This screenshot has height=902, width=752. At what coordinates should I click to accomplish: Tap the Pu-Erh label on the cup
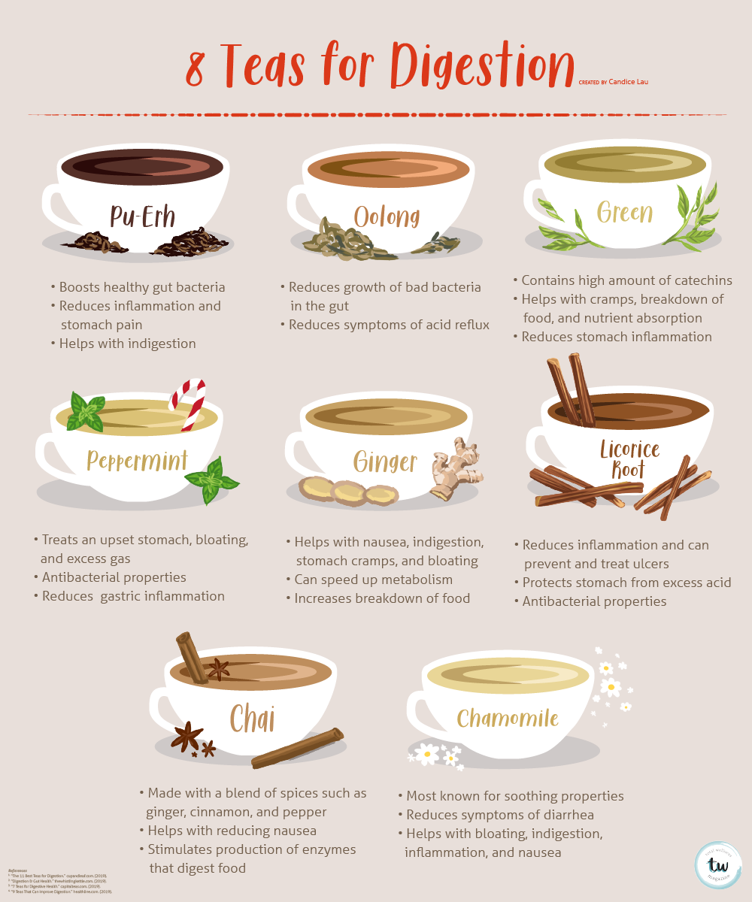(x=142, y=216)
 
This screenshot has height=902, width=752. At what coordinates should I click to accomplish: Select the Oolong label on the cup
(x=387, y=216)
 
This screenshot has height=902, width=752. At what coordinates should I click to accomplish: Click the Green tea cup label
(x=625, y=213)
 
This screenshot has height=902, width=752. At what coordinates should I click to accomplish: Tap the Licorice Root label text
(x=629, y=459)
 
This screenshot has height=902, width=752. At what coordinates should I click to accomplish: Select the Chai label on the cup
(x=251, y=719)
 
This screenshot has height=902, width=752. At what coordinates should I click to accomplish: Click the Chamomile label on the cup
(x=508, y=719)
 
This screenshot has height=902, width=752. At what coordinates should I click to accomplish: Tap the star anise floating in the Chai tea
(x=219, y=667)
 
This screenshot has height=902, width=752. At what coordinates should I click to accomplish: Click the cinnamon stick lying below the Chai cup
(x=297, y=749)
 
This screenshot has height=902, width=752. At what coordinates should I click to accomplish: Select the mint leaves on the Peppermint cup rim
(x=86, y=412)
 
